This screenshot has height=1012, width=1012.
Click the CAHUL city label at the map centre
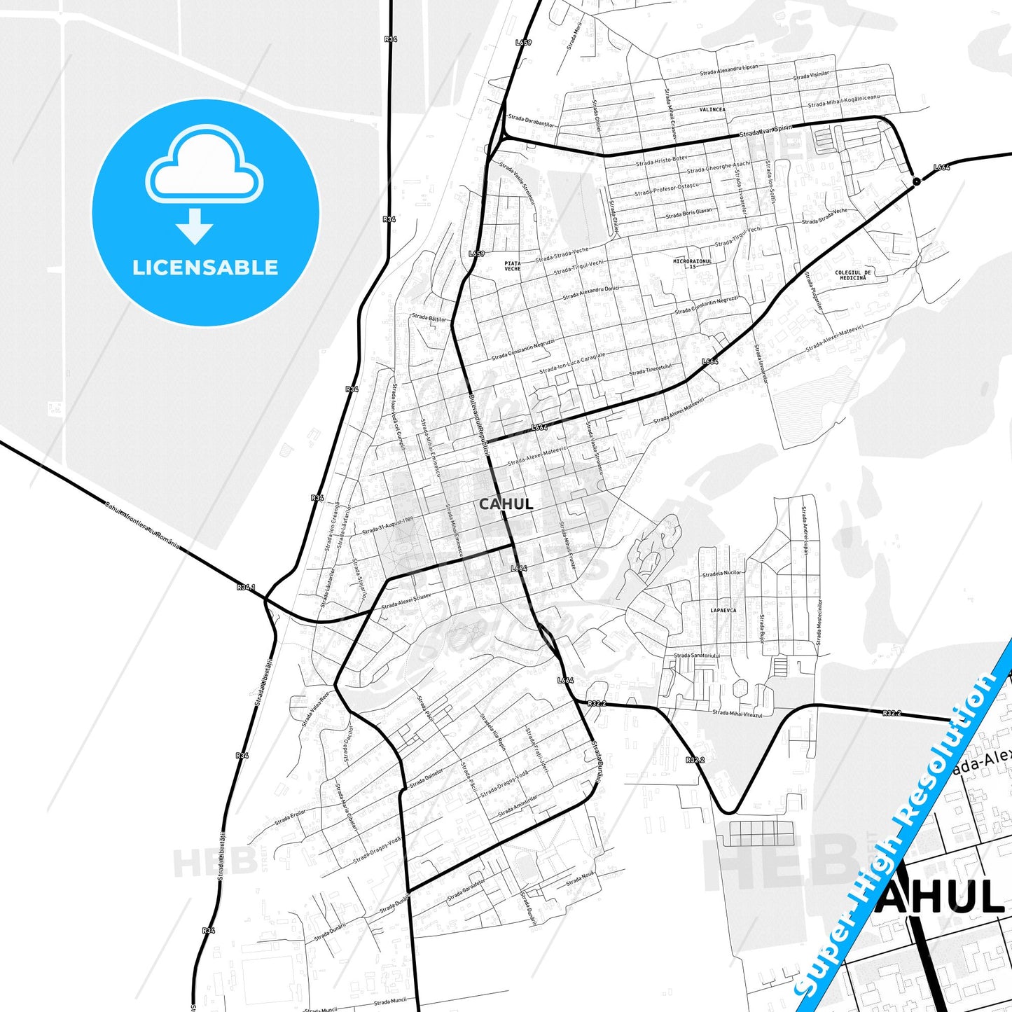(x=506, y=504)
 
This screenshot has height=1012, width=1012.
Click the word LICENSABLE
(x=205, y=268)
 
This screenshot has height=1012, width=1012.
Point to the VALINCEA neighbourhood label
(x=712, y=110)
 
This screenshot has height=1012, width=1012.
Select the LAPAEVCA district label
(x=723, y=611)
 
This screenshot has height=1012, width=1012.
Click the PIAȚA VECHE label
(x=513, y=265)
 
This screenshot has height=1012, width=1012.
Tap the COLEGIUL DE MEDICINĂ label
(x=853, y=275)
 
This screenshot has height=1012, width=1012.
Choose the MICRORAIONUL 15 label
(x=692, y=264)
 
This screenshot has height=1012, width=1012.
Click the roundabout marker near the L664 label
(x=916, y=182)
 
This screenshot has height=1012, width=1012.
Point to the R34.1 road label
(x=246, y=587)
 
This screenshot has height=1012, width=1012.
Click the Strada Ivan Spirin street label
(x=765, y=130)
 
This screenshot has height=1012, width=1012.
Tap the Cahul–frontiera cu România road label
(x=141, y=525)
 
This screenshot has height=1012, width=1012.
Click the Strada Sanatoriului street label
(x=696, y=656)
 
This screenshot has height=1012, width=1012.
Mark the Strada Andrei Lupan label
(x=805, y=532)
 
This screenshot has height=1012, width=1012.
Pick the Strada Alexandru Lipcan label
(x=729, y=71)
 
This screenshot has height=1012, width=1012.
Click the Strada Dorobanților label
(x=531, y=121)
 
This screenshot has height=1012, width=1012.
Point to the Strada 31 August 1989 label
(x=387, y=526)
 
